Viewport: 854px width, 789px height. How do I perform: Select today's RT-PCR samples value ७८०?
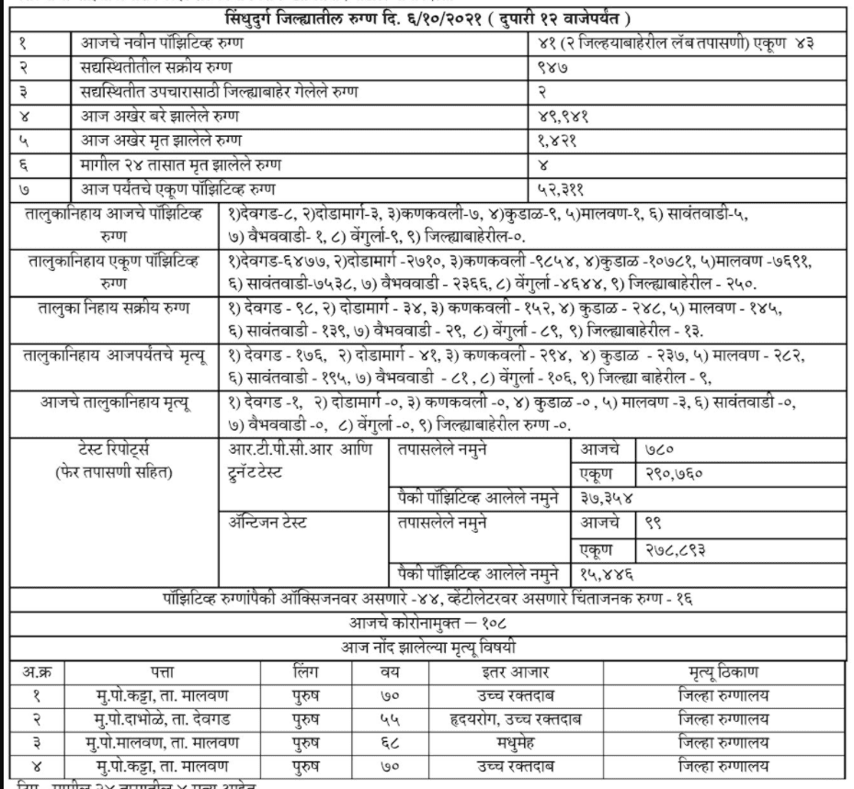[654, 450]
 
